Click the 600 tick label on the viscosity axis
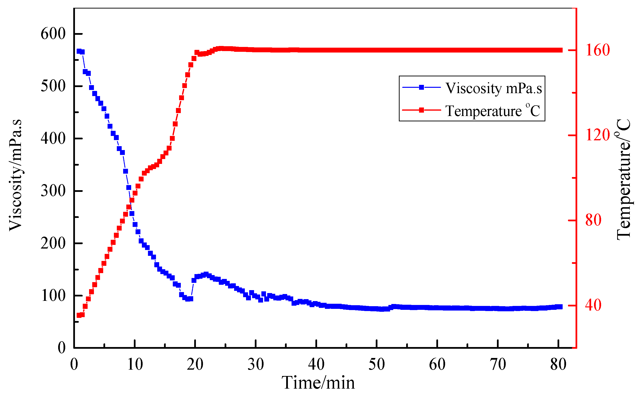click(53, 34)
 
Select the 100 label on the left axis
click(53, 295)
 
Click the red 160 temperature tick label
click(597, 50)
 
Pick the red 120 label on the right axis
click(597, 135)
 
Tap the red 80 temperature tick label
click(593, 220)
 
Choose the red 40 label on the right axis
click(593, 305)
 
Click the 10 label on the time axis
click(135, 364)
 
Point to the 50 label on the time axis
click(376, 364)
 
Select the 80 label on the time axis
click(558, 364)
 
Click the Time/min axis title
click(318, 383)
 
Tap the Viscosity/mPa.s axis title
click(15, 175)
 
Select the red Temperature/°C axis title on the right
click(623, 179)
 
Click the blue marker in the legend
click(421, 87)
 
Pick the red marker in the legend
click(421, 110)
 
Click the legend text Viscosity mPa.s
click(494, 88)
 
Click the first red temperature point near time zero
click(79, 315)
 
